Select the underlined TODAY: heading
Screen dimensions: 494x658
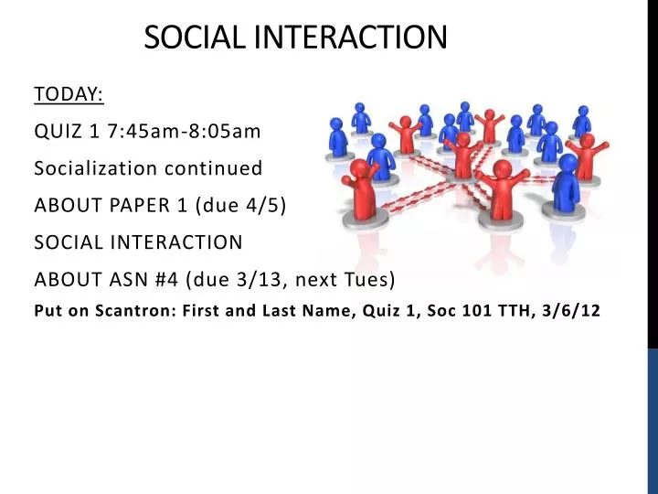69,94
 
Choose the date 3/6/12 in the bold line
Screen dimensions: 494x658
572,310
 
